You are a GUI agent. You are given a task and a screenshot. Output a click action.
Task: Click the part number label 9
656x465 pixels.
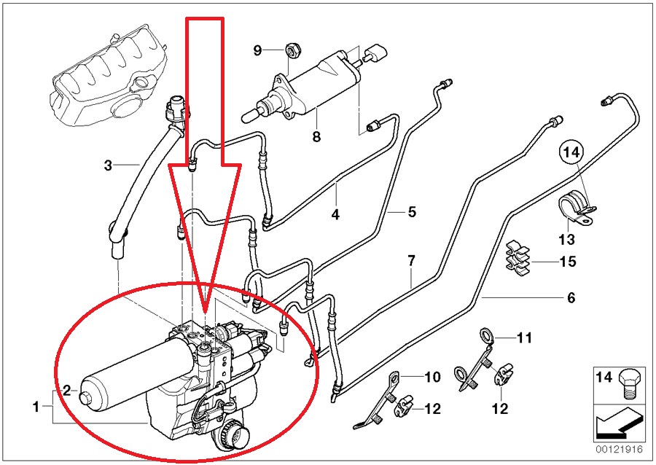pos(257,50)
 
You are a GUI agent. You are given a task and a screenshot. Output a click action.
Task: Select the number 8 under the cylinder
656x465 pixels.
pos(316,136)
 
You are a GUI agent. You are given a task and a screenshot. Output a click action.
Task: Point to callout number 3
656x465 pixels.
pos(107,166)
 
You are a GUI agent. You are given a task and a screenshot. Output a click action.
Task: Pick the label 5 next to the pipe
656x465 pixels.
pos(411,212)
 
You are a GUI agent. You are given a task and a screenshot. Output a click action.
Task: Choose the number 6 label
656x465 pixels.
pos(571,297)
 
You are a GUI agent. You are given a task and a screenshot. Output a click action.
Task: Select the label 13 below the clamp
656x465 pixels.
pos(566,239)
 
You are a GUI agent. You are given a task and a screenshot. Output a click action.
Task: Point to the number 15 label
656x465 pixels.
pos(568,261)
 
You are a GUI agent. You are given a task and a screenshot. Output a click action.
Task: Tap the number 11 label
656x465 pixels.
pos(525,338)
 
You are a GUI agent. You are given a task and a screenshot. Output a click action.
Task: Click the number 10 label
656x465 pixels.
pos(433,377)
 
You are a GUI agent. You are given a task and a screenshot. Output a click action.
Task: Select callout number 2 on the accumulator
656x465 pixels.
pos(66,390)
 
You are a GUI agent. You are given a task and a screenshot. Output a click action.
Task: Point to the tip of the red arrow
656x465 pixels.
pos(206,321)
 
